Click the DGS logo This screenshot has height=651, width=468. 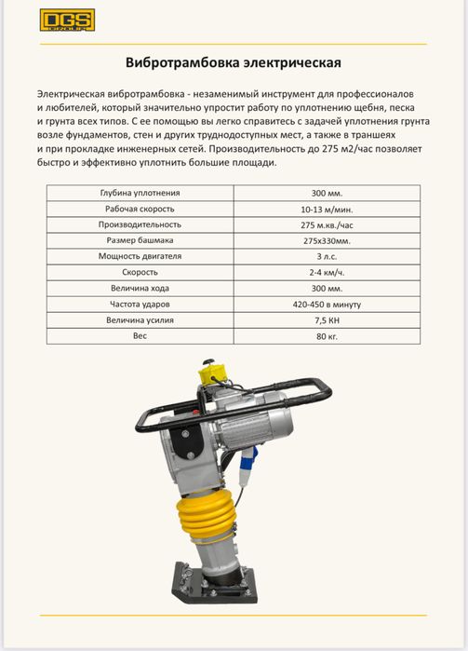pyautogui.click(x=68, y=20)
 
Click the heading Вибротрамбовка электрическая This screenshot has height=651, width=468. pyautogui.click(x=234, y=62)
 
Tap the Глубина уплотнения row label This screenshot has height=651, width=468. pyautogui.click(x=140, y=193)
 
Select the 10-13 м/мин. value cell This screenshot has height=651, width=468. pyautogui.click(x=327, y=210)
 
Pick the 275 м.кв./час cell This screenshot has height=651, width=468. pyautogui.click(x=327, y=225)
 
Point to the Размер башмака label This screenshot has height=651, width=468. pyautogui.click(x=140, y=240)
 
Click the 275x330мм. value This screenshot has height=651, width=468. pyautogui.click(x=327, y=241)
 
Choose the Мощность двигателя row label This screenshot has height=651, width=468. pyautogui.click(x=140, y=256)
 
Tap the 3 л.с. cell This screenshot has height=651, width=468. pyautogui.click(x=327, y=257)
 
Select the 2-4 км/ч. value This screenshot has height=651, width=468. pyautogui.click(x=327, y=273)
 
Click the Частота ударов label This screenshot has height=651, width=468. pyautogui.click(x=140, y=305)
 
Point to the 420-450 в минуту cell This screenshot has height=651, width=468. pyautogui.click(x=327, y=305)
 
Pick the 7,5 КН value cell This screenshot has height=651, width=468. pyautogui.click(x=327, y=320)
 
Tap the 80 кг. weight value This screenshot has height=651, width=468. pyautogui.click(x=327, y=336)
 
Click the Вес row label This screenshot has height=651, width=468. pyautogui.click(x=140, y=336)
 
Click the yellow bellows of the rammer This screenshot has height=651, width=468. pyautogui.click(x=207, y=517)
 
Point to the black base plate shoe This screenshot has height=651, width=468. pyautogui.click(x=215, y=583)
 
